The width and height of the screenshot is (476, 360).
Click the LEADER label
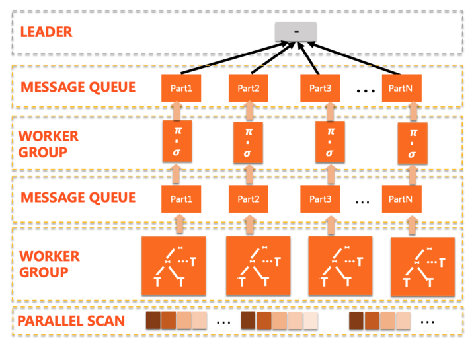coord(46,32)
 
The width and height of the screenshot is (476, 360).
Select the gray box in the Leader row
coord(296,31)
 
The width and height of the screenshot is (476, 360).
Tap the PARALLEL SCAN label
coord(71,321)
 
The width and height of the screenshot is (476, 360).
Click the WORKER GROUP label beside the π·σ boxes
coord(48,144)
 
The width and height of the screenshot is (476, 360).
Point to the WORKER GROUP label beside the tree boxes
coord(50,264)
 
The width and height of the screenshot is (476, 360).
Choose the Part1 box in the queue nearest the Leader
coord(181,89)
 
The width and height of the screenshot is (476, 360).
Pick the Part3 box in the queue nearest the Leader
coord(320,89)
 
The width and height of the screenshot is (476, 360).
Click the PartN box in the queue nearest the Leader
coord(401,89)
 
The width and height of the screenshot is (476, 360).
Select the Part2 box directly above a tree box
coord(248,199)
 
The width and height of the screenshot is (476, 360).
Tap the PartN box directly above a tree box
coord(401,199)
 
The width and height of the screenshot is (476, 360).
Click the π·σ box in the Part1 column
coord(177,141)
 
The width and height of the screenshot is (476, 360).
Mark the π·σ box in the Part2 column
coord(248,142)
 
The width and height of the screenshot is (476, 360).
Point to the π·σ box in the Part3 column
coord(330,141)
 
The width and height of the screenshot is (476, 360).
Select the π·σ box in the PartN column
coord(412,143)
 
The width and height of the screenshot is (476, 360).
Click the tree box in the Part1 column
coord(174,266)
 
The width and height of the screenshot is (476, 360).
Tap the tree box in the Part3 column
coord(340,266)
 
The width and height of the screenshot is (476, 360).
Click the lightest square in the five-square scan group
coord(311,320)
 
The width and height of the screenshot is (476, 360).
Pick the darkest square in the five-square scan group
coord(248,320)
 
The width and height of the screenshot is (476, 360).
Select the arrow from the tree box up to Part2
coord(249,225)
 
